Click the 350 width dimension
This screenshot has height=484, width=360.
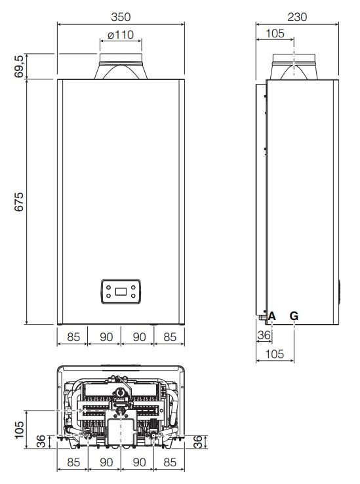pos(121,16)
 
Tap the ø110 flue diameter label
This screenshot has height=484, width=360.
pos(121,35)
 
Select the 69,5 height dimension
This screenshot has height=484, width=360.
pos(19,66)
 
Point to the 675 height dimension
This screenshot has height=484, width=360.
pos(19,202)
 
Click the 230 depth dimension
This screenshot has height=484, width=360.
pos(297,16)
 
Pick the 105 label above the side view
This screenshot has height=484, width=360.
pos(275,33)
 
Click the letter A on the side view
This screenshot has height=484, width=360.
pos(271,316)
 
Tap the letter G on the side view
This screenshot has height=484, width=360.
pos(294,316)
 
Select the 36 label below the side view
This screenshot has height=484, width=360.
pos(264,335)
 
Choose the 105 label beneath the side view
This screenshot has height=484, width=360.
pos(275,354)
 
